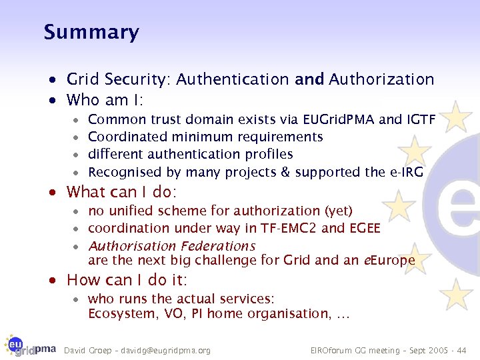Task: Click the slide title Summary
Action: point(91,32)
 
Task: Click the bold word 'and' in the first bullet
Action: point(309,80)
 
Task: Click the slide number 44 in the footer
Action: point(462,350)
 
